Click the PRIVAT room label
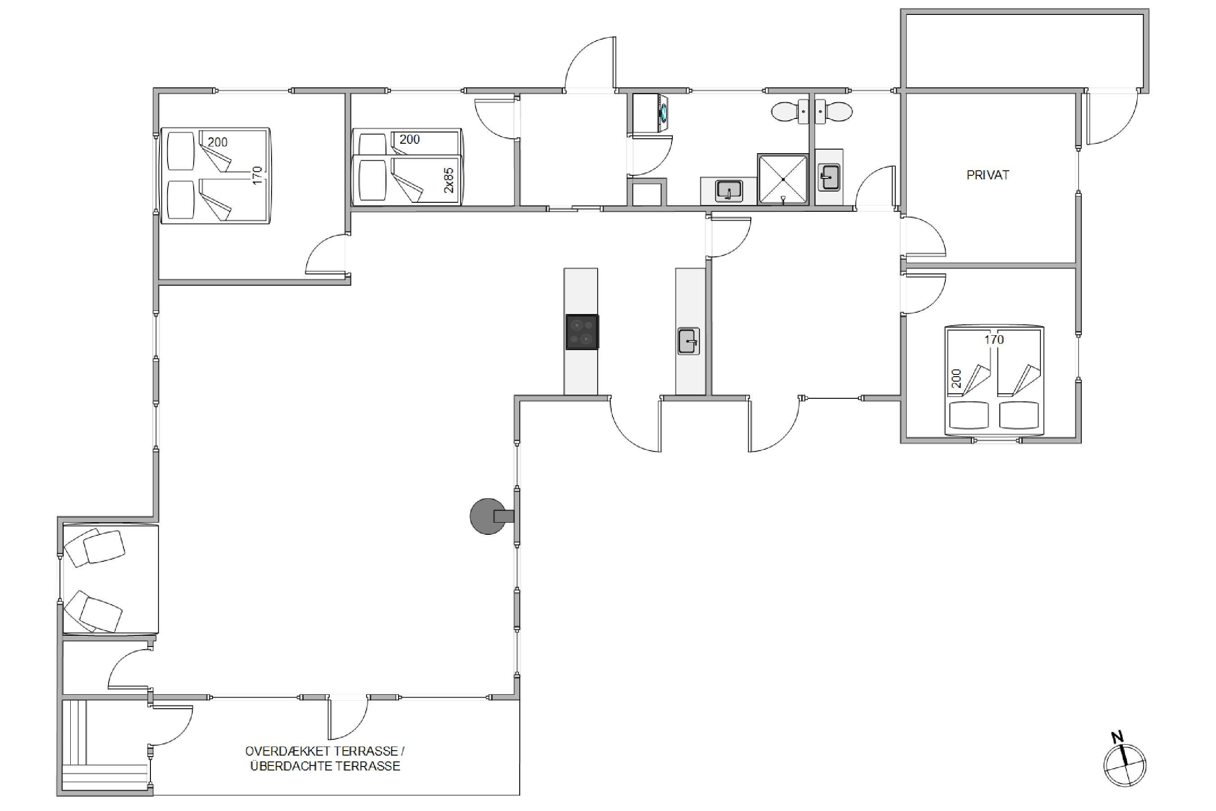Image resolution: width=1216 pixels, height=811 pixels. point(988,175)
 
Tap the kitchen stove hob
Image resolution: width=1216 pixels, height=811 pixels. point(582,332)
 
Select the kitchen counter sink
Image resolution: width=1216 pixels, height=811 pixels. point(689,342)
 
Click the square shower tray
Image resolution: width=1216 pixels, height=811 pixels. point(783,179)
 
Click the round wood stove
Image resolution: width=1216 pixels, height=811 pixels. point(489,516)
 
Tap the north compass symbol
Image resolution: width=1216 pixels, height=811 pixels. point(1125,763)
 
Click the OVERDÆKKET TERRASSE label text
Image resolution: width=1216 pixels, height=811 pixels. point(324,751)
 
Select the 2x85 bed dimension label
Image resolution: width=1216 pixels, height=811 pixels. point(449,180)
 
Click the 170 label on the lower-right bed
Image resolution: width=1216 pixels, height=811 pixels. point(994,340)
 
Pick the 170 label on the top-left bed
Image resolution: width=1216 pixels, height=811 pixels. point(258,175)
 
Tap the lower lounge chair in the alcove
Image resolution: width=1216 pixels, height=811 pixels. point(93,611)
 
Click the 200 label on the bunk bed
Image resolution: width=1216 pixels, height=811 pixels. point(409,139)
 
